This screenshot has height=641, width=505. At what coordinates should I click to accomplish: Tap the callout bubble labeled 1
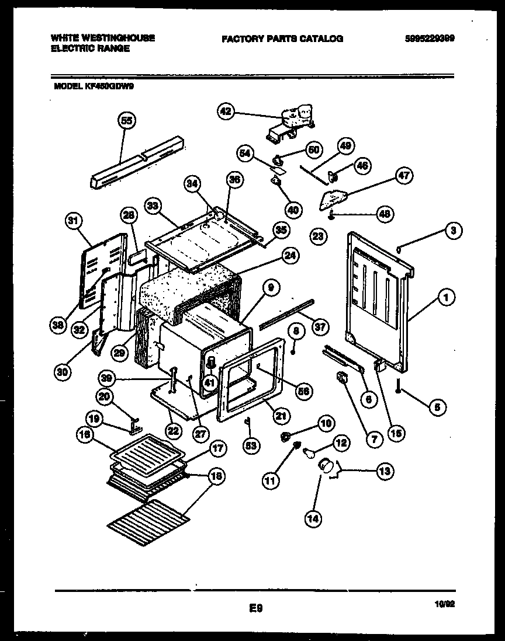[x=446, y=298]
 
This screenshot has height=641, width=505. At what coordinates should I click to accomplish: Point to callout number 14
[x=313, y=517]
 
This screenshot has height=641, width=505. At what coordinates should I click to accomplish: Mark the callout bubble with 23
[x=317, y=236]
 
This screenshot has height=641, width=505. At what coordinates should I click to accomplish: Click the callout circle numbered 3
[x=453, y=231]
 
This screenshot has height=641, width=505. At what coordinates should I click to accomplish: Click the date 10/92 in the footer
[x=445, y=605]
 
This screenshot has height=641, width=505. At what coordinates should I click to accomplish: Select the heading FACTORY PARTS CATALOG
[x=282, y=39]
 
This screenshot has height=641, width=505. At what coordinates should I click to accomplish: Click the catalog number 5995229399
[x=430, y=39]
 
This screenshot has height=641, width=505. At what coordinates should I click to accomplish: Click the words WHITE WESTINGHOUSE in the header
[x=102, y=37]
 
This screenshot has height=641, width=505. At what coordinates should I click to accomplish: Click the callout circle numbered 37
[x=320, y=327]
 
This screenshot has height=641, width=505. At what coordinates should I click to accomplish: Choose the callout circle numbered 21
[x=281, y=415]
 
